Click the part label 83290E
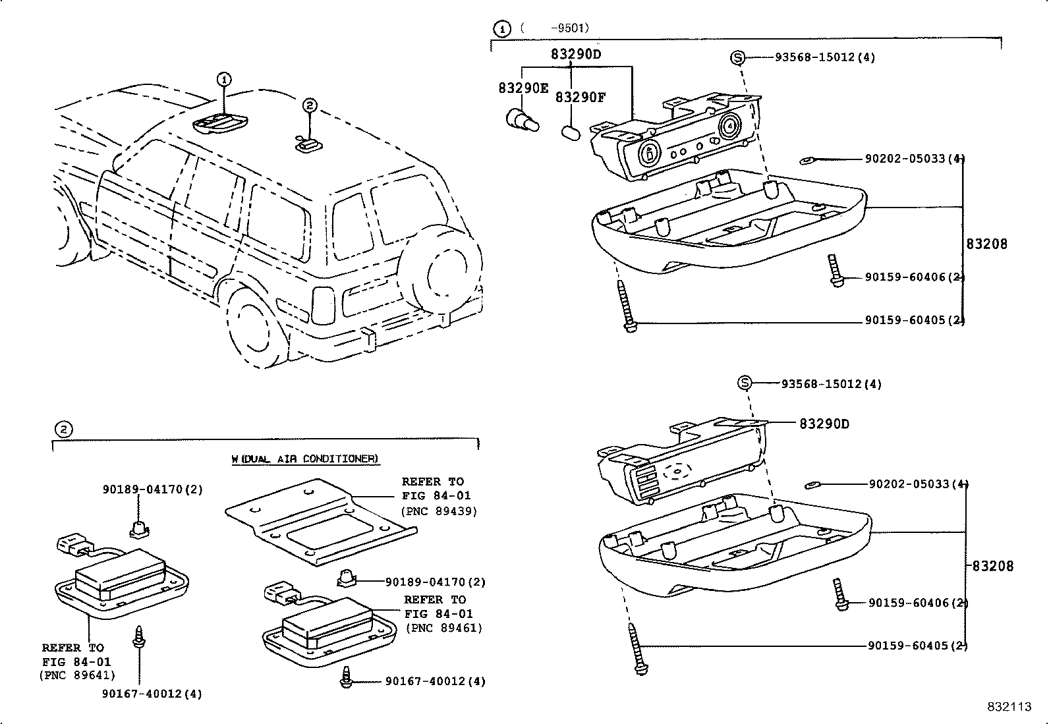coord(523,88)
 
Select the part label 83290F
coord(579,97)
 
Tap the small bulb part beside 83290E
coord(521,121)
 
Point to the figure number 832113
coord(1008,707)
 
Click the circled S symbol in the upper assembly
coord(737,58)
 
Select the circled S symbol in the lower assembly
coord(744,383)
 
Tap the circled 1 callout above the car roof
coord(224,80)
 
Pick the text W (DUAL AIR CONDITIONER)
coord(305,459)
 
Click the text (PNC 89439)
coord(439,511)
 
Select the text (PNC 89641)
coord(77,675)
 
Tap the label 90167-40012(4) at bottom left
coord(152,694)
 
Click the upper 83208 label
coord(986,244)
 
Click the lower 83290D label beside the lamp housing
coord(824,424)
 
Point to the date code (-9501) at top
coord(554,28)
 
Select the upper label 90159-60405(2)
coord(914,321)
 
